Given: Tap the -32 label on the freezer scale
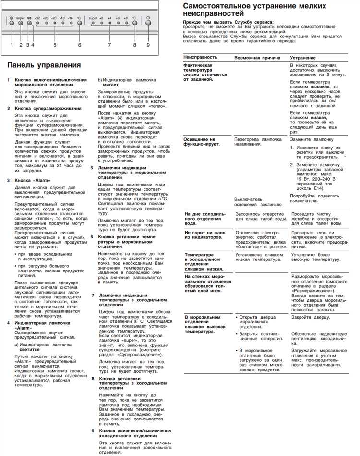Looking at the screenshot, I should (x=37, y=18).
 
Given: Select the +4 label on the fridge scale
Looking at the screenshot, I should (x=110, y=18).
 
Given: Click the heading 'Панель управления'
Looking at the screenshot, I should (x=44, y=64).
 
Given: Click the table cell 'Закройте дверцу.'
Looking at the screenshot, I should (x=310, y=318).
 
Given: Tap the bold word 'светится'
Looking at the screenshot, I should (x=24, y=351).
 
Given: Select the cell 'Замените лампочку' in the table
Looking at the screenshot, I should (x=309, y=138).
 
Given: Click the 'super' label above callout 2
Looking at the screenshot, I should (x=20, y=18).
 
